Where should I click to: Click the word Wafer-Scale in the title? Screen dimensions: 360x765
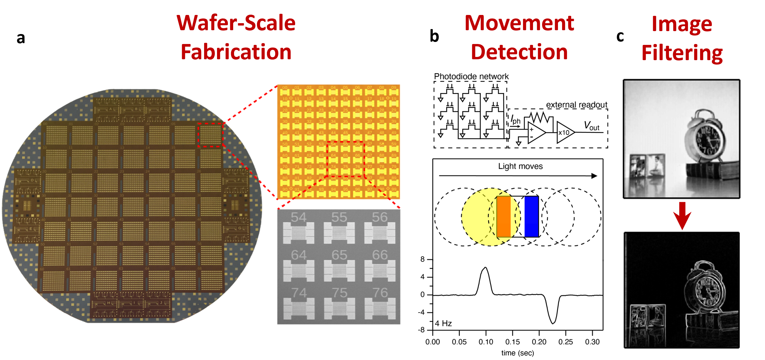point(236,23)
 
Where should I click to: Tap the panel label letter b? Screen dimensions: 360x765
point(434,36)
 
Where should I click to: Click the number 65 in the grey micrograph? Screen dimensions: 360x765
point(339,255)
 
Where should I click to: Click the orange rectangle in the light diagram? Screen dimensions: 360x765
point(504,217)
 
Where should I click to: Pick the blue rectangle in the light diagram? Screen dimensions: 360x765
point(532,217)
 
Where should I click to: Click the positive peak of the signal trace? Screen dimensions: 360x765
point(485,268)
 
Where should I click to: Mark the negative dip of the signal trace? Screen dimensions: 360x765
point(553,323)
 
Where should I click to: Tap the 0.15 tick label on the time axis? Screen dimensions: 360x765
point(512,342)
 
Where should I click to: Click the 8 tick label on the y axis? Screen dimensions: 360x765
point(422,259)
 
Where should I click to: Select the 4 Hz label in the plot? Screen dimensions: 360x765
point(443,324)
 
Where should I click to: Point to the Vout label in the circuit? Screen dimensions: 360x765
point(591,126)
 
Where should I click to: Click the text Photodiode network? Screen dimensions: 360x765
point(471,76)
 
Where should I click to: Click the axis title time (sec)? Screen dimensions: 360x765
point(517,353)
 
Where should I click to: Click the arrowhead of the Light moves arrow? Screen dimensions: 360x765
point(594,176)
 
